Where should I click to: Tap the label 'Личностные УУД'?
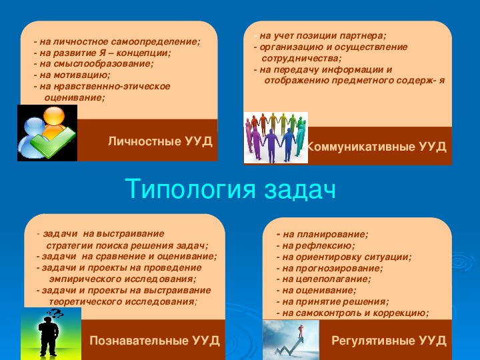(160, 141)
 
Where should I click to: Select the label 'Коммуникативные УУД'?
(377, 147)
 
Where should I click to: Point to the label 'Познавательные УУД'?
(155, 341)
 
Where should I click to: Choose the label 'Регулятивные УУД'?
(389, 341)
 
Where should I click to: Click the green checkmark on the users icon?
(53, 142)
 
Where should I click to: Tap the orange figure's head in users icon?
(54, 116)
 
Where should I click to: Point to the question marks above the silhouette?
(55, 313)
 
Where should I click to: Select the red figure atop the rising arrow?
(301, 331)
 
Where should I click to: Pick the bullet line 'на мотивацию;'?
(72, 75)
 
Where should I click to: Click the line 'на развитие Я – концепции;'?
(102, 53)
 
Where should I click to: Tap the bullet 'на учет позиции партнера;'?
(320, 36)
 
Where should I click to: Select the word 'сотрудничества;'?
(301, 58)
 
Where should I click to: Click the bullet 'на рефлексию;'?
(315, 246)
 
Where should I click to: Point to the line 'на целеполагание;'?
(323, 279)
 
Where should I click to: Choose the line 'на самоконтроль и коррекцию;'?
(353, 313)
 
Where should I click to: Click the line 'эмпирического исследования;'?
(123, 279)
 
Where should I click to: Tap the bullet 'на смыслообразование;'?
(94, 64)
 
